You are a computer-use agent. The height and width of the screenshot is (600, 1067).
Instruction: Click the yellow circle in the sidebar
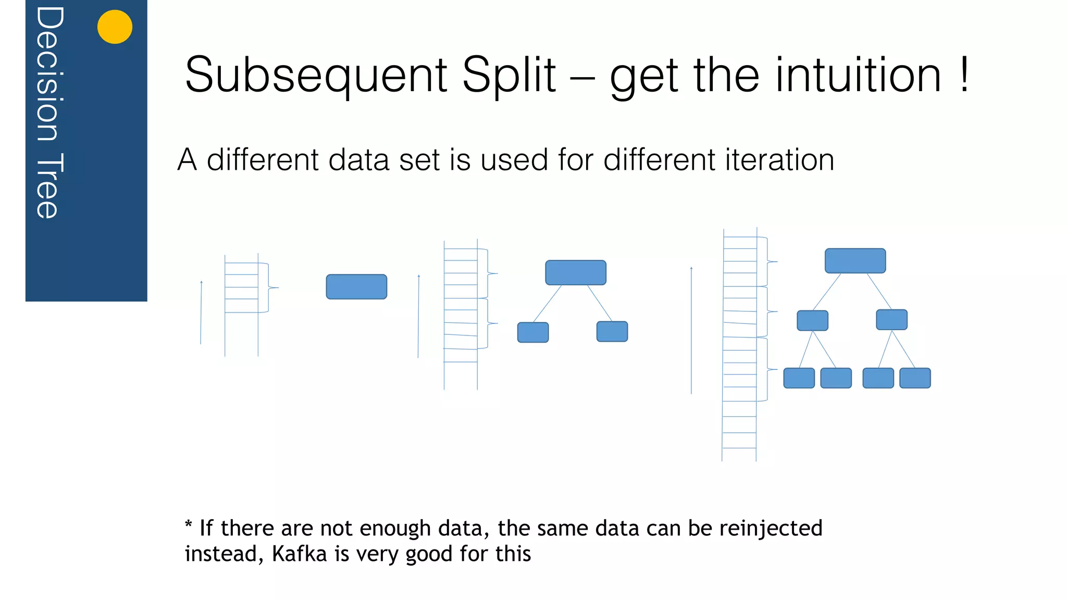[115, 27]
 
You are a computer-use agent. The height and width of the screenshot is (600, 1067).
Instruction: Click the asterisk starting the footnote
[189, 525]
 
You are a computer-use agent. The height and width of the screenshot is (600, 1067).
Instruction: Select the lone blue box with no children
[356, 287]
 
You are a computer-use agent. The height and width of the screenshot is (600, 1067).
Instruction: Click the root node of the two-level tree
[576, 272]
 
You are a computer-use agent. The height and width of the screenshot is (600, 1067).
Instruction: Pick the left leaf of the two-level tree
[533, 332]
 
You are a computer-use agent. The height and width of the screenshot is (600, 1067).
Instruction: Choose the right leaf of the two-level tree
[612, 331]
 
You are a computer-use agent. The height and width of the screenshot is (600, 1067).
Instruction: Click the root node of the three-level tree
[855, 261]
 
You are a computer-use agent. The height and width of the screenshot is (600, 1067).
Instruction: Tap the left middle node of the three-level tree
[812, 320]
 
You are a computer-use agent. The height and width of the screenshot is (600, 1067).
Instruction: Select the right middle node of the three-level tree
[891, 320]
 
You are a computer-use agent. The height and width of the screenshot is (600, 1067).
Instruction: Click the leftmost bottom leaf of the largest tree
[799, 378]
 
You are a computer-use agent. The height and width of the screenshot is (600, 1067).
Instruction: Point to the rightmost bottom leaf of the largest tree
[915, 378]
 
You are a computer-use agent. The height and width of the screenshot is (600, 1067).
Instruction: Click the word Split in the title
[509, 76]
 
